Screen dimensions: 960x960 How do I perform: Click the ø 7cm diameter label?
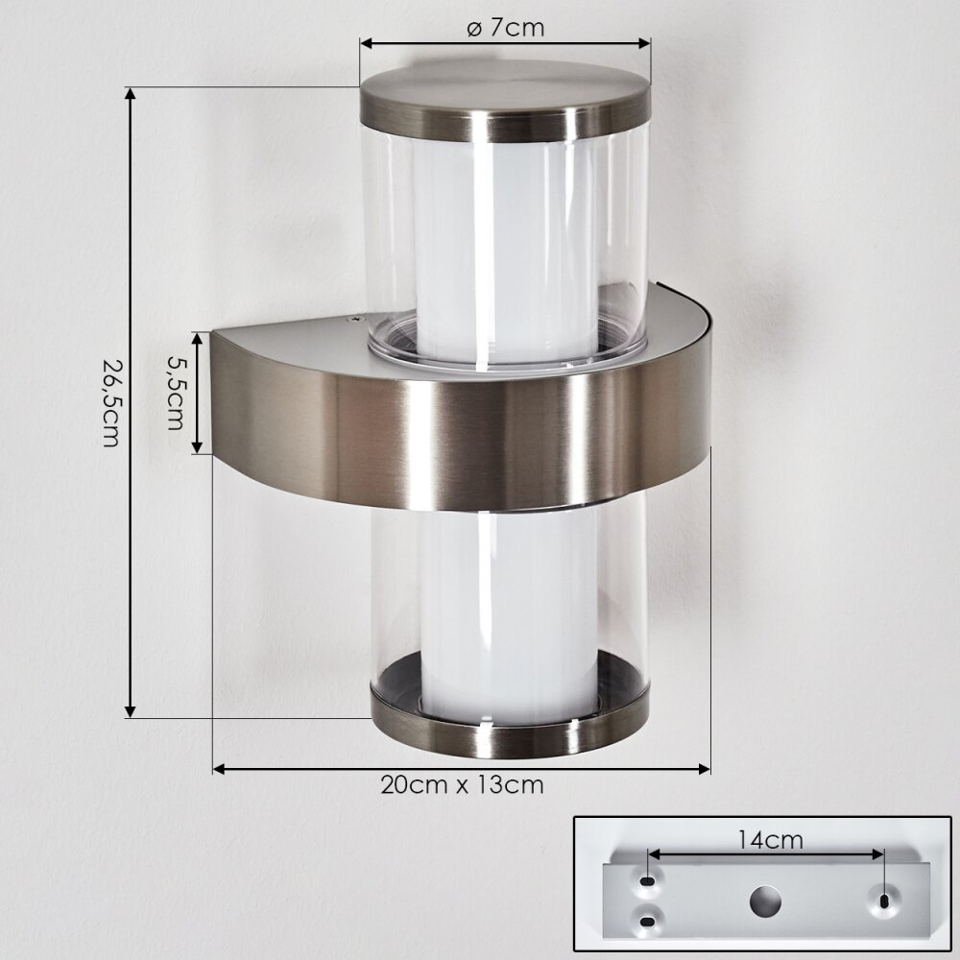505,28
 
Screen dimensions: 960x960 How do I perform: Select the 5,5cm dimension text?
175,393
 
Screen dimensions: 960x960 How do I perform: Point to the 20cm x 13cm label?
462,784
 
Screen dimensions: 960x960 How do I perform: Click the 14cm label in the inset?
770,840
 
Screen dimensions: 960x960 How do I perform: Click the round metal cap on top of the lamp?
505,103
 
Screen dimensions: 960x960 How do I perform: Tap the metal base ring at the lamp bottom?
509,728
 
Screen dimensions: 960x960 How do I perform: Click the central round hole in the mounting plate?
765,901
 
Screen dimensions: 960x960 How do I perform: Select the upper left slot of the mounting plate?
647,881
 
